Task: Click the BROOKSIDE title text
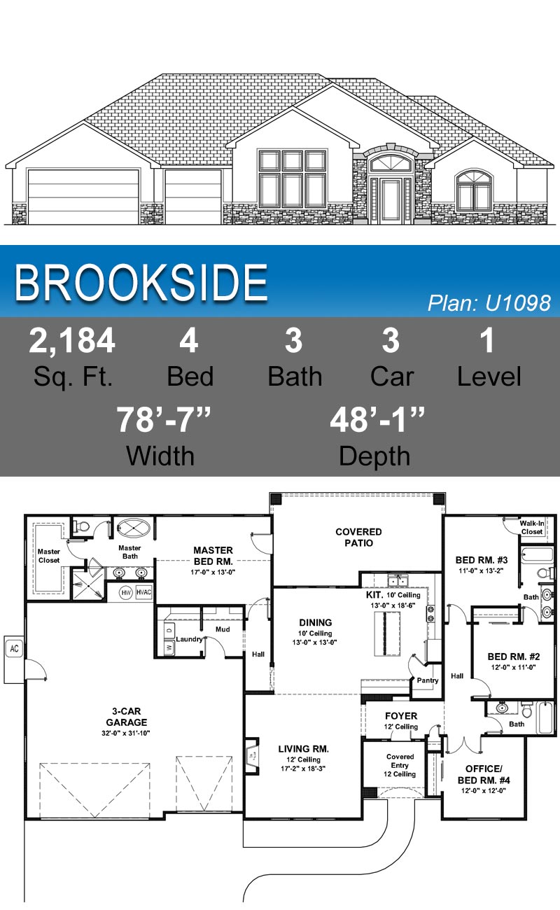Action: [x=141, y=283]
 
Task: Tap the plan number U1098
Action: [x=489, y=302]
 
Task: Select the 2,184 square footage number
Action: [x=72, y=341]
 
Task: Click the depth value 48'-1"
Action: [x=377, y=420]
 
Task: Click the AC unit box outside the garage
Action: [x=14, y=648]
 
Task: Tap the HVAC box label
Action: [x=143, y=592]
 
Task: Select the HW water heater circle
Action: [x=126, y=593]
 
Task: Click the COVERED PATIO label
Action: [x=358, y=538]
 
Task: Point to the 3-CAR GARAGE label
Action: [x=127, y=716]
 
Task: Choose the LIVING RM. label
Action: [x=303, y=748]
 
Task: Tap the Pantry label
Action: [x=427, y=680]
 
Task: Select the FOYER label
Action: [x=401, y=716]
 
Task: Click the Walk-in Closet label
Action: [x=532, y=527]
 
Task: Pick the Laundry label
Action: [x=189, y=639]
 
